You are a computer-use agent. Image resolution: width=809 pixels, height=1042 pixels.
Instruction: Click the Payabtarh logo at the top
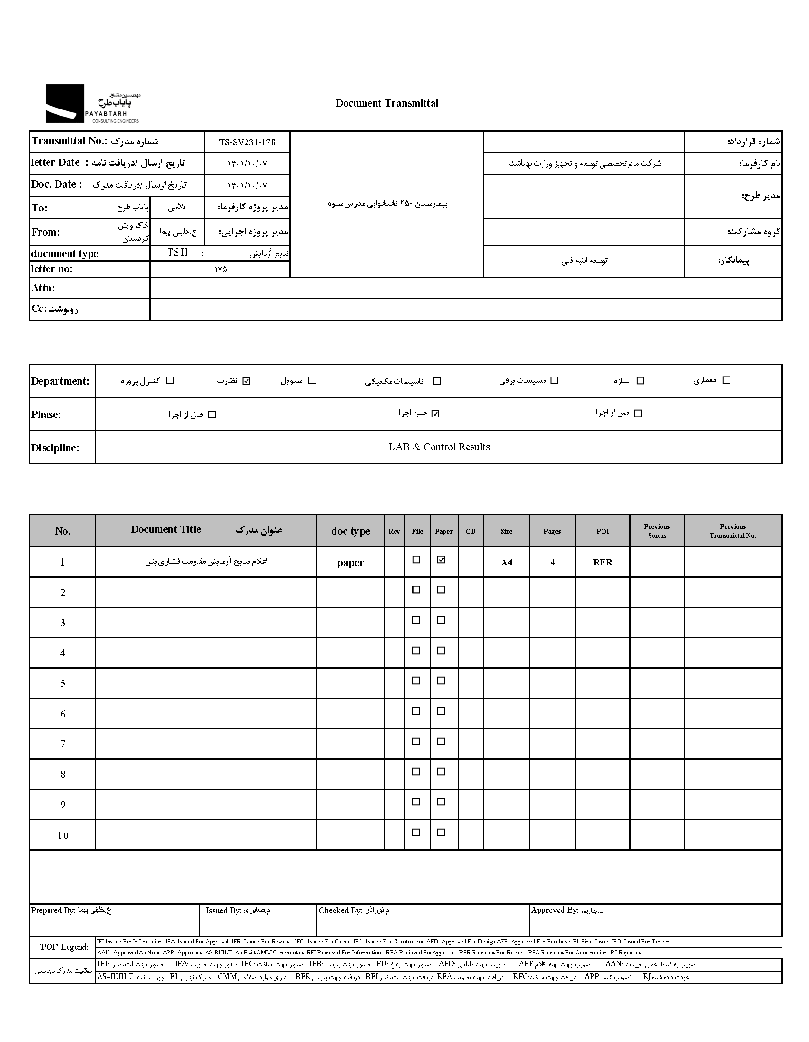[x=92, y=103]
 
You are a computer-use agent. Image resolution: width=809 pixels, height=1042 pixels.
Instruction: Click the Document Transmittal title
[x=386, y=103]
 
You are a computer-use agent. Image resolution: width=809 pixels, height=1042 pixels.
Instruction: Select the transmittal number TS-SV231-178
[x=247, y=142]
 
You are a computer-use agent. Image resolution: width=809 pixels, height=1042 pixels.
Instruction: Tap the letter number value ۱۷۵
[x=220, y=269]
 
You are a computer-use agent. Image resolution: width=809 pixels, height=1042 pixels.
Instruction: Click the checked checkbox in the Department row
[x=246, y=381]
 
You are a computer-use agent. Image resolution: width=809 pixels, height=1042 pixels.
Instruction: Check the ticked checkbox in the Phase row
[x=435, y=414]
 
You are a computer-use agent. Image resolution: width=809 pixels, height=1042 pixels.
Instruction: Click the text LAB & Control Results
[x=439, y=447]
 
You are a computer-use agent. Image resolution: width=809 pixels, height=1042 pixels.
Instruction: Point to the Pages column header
[x=552, y=531]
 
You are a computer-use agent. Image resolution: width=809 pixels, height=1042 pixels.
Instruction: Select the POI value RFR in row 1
[x=602, y=562]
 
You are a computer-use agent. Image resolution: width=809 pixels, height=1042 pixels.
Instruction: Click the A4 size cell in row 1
[x=506, y=562]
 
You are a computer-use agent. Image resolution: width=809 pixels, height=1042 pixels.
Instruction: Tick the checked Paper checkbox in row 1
[x=441, y=560]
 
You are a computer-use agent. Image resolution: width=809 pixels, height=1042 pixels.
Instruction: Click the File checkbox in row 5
[x=416, y=681]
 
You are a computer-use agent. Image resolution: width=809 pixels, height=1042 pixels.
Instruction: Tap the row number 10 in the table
[x=62, y=835]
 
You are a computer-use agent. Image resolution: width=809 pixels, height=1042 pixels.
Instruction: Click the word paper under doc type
[x=350, y=563]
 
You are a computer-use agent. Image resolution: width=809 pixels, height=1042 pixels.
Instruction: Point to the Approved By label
[x=554, y=910]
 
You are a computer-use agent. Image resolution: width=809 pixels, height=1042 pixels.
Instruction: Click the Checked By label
[x=341, y=910]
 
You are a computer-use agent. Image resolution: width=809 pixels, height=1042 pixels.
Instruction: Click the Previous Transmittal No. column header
[x=733, y=531]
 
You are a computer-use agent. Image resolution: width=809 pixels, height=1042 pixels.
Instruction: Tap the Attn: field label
[x=43, y=288]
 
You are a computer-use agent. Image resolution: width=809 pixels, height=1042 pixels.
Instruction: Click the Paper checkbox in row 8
[x=441, y=772]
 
